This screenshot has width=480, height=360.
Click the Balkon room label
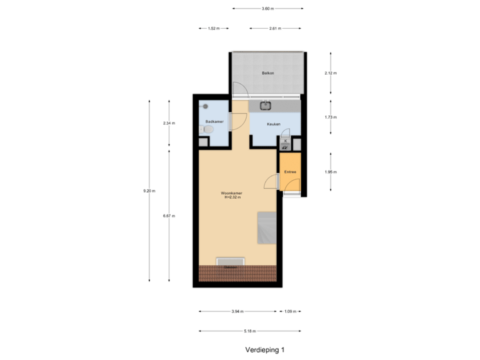[268, 73]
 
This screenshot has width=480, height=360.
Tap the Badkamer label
[213, 121]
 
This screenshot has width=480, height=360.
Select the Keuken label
[273, 124]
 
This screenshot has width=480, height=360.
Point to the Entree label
[290, 172]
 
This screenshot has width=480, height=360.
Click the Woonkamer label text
[232, 193]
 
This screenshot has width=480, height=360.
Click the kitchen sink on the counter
[265, 105]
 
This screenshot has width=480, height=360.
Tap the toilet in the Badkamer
[207, 131]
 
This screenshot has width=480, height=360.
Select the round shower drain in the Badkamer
[205, 106]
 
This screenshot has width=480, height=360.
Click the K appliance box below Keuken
[285, 141]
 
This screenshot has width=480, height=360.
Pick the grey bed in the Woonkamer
[267, 228]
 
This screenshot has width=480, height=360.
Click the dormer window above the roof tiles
[231, 261]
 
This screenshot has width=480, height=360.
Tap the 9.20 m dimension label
[149, 191]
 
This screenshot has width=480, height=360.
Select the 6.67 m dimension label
[169, 215]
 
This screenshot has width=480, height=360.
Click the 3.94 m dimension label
[237, 311]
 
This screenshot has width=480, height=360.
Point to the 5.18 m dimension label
[250, 331]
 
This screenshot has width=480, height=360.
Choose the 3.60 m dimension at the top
[267, 9]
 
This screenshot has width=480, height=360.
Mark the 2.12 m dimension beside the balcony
[331, 73]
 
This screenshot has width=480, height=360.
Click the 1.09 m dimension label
[289, 311]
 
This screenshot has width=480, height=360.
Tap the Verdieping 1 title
[265, 349]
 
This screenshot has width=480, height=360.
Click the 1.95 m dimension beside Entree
[331, 172]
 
